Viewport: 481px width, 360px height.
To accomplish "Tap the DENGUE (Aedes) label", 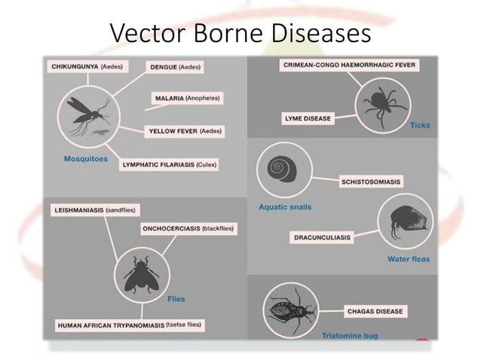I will tap(175, 67).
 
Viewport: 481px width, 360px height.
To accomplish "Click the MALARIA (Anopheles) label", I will tap(188, 99).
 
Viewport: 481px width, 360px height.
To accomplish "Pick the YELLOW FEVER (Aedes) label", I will tap(185, 131).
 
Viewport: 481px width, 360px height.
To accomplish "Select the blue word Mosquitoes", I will tap(85, 159).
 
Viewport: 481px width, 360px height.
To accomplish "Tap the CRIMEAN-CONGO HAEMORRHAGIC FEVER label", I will tap(349, 66).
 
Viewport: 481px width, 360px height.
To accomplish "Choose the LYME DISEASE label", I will tap(307, 118).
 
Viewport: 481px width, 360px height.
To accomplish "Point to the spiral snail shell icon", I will tap(284, 170).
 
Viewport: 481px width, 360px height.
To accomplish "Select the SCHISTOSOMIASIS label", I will tap(371, 182).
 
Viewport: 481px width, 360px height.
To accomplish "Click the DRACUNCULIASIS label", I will tap(322, 237).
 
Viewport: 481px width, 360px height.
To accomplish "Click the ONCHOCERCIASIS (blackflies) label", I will tap(188, 228).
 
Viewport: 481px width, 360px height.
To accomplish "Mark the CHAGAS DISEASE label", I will tap(375, 310).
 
